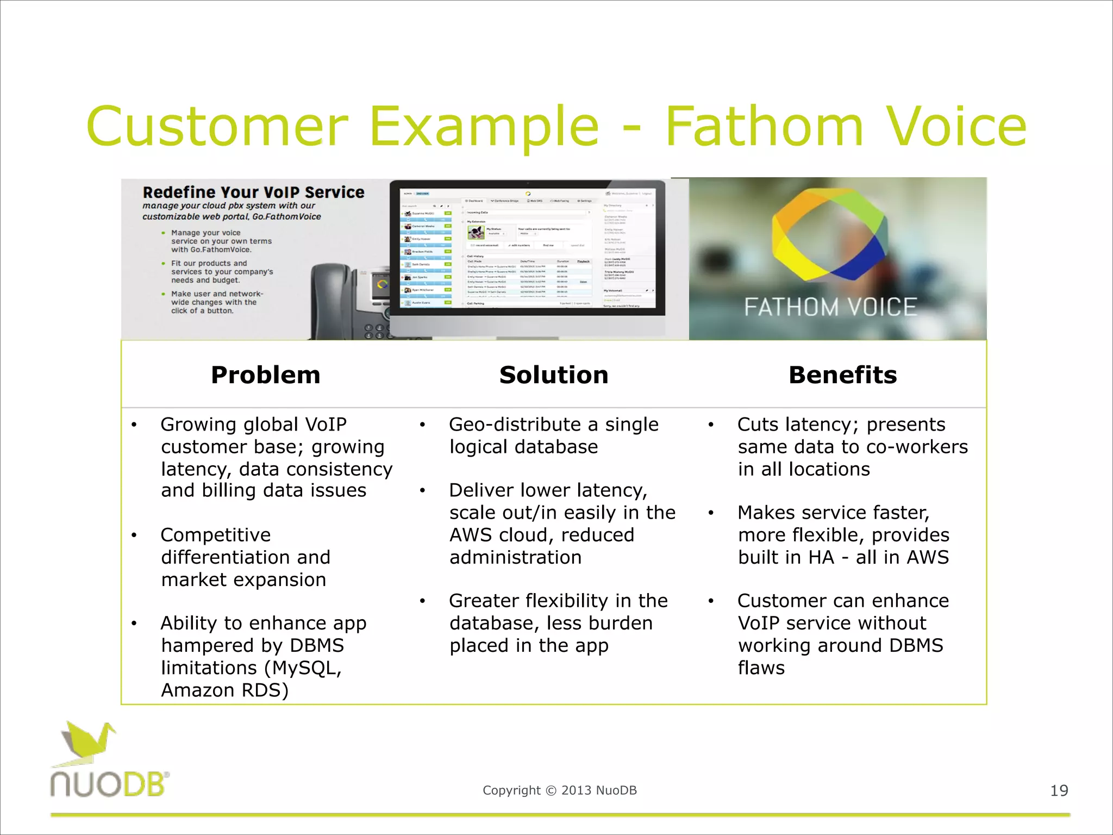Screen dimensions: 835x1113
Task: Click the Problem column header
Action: [265, 375]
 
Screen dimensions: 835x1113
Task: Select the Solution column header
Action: [553, 375]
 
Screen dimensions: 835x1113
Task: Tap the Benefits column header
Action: [842, 375]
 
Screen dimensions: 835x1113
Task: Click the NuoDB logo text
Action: [109, 784]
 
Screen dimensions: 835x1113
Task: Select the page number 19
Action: [1059, 790]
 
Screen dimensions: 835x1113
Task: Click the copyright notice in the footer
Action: [559, 790]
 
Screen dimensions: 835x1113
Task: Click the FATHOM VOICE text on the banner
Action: [830, 307]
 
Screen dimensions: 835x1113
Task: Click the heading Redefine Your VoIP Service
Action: [253, 192]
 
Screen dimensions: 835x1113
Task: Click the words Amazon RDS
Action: [224, 690]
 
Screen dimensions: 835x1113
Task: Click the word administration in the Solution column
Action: [515, 558]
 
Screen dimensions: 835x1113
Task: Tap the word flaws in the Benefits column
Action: [761, 668]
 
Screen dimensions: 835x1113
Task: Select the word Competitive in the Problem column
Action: [216, 535]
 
